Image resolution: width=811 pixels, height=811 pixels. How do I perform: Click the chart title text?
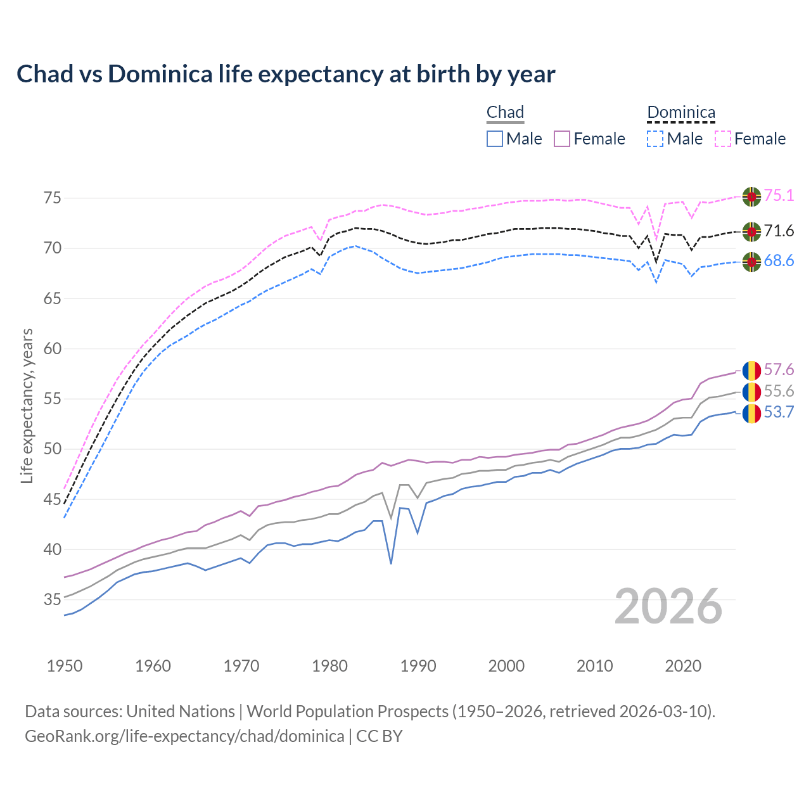click(286, 74)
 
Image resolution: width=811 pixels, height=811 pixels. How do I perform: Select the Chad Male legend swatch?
click(495, 139)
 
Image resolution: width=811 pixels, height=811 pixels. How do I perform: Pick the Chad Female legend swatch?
click(562, 139)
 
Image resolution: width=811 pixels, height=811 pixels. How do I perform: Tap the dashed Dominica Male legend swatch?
click(655, 139)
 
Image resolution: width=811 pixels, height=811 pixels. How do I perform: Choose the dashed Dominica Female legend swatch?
click(723, 139)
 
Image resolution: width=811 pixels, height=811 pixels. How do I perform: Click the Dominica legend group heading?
click(681, 112)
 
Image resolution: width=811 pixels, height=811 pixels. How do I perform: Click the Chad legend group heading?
click(505, 112)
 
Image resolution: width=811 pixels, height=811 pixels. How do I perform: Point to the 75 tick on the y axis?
click(53, 198)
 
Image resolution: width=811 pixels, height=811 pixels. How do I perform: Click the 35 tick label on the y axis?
click(53, 599)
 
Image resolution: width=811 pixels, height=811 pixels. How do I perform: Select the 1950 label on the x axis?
click(65, 666)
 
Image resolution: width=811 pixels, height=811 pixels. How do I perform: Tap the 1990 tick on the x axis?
click(418, 666)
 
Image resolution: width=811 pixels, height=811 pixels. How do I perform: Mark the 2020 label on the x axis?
click(683, 666)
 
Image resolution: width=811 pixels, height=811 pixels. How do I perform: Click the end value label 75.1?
click(779, 196)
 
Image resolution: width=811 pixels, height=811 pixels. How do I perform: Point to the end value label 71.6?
click(779, 231)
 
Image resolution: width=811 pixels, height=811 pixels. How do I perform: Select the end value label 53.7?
click(779, 412)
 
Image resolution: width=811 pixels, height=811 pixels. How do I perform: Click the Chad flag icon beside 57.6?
click(751, 370)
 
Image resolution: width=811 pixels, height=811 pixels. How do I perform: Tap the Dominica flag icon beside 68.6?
click(751, 262)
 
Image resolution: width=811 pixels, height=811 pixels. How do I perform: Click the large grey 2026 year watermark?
click(668, 606)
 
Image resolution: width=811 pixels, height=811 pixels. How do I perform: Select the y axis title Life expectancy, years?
click(27, 405)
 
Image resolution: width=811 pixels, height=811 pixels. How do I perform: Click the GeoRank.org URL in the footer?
click(184, 736)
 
